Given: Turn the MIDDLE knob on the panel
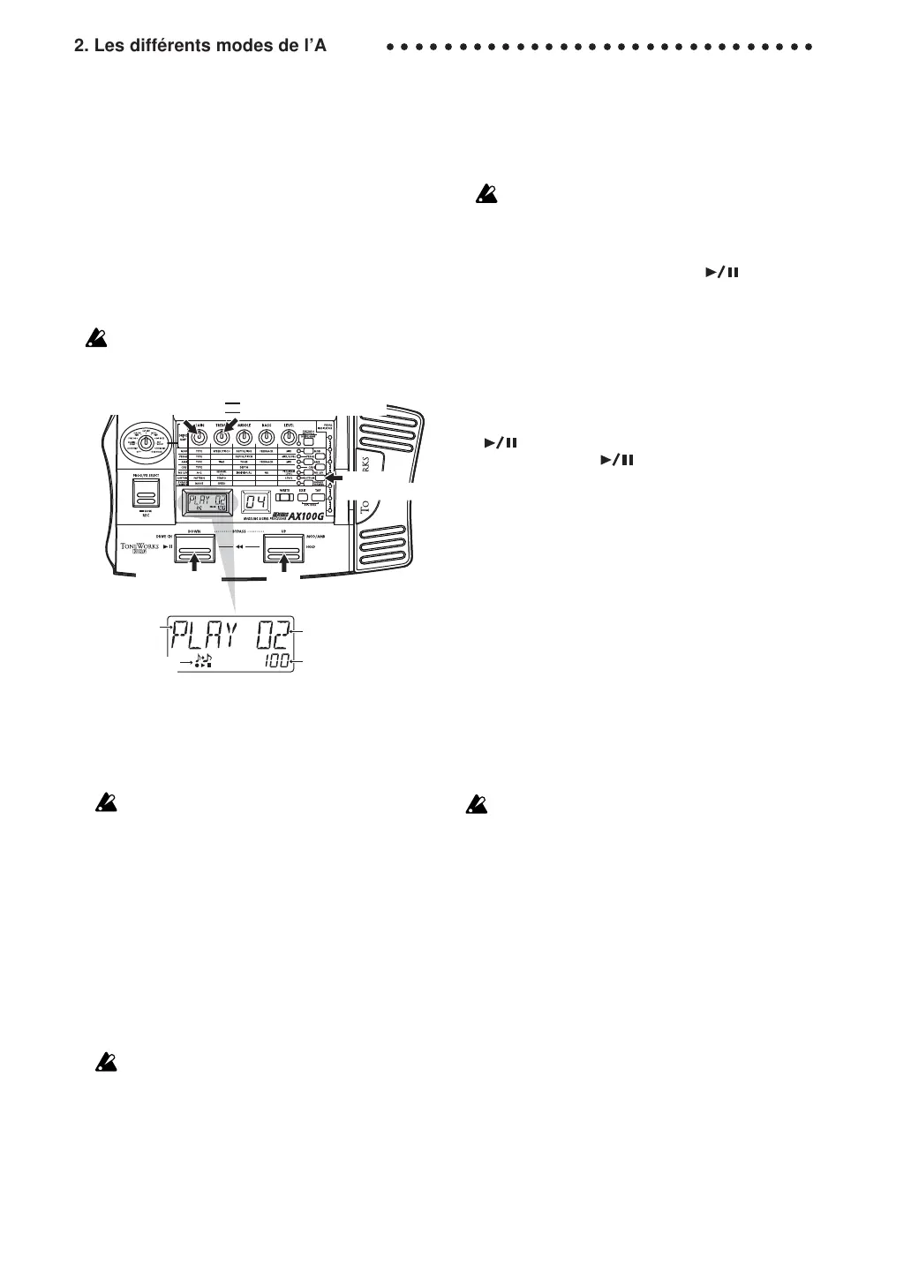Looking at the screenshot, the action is [x=245, y=436].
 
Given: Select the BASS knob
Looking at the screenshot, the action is [x=266, y=436].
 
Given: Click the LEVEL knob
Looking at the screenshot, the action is [x=288, y=436].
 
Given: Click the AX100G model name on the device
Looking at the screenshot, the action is [x=300, y=516].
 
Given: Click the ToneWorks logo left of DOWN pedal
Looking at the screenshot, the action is [x=139, y=548].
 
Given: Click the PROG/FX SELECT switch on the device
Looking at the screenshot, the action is [x=147, y=492].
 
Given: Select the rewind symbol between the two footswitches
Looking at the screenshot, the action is [x=238, y=547].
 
